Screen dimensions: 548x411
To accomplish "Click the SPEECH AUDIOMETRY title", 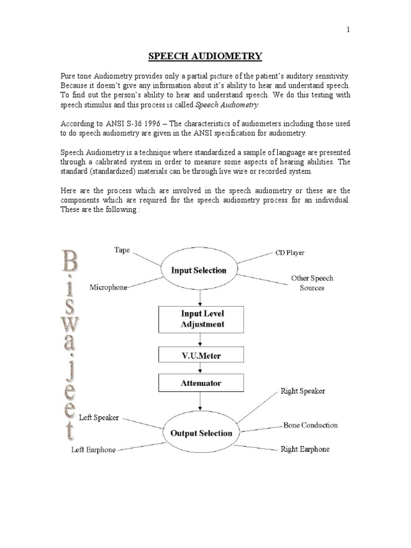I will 205,56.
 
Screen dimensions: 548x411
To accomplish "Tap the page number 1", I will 348,31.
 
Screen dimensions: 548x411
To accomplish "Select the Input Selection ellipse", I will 199,270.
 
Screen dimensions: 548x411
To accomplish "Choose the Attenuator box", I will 201,383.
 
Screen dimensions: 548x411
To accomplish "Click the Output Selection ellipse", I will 201,432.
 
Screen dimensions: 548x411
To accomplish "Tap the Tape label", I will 121,250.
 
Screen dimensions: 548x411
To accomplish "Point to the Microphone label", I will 109,287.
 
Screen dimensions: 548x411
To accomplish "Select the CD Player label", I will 290,253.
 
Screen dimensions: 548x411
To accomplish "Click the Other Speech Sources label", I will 312,283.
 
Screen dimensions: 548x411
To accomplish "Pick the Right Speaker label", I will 303,391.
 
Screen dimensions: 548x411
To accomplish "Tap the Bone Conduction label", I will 310,425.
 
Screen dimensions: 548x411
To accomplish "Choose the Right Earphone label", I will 305,449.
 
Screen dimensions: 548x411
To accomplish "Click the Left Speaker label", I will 98,417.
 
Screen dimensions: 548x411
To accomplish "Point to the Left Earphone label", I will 94,450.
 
